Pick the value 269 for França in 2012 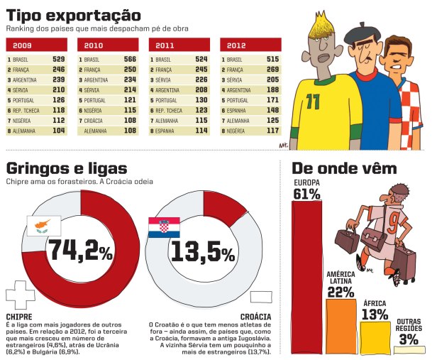point(272,70)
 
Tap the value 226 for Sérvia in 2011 point(201,80)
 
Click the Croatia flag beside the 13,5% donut point(164,227)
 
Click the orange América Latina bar point(340,327)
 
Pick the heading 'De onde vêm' point(339,169)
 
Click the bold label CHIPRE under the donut point(19,316)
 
